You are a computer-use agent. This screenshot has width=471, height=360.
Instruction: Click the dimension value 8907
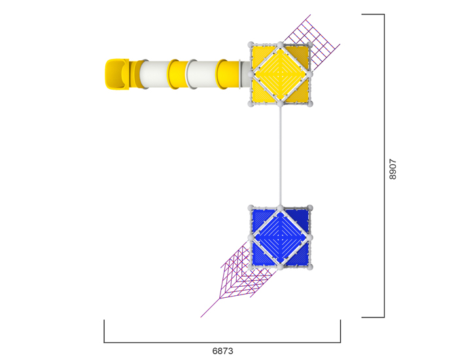coord(392,169)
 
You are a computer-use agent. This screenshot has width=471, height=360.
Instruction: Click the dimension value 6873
coord(222,351)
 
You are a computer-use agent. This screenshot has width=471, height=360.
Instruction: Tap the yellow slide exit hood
coord(116,74)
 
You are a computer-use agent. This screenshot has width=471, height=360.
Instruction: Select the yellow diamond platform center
coord(280,74)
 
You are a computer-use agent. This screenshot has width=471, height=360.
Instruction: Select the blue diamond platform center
coord(280,238)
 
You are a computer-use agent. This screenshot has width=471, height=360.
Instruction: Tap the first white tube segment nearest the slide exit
coord(154,75)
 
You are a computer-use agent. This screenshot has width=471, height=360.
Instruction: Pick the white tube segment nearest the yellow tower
coord(203,75)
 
